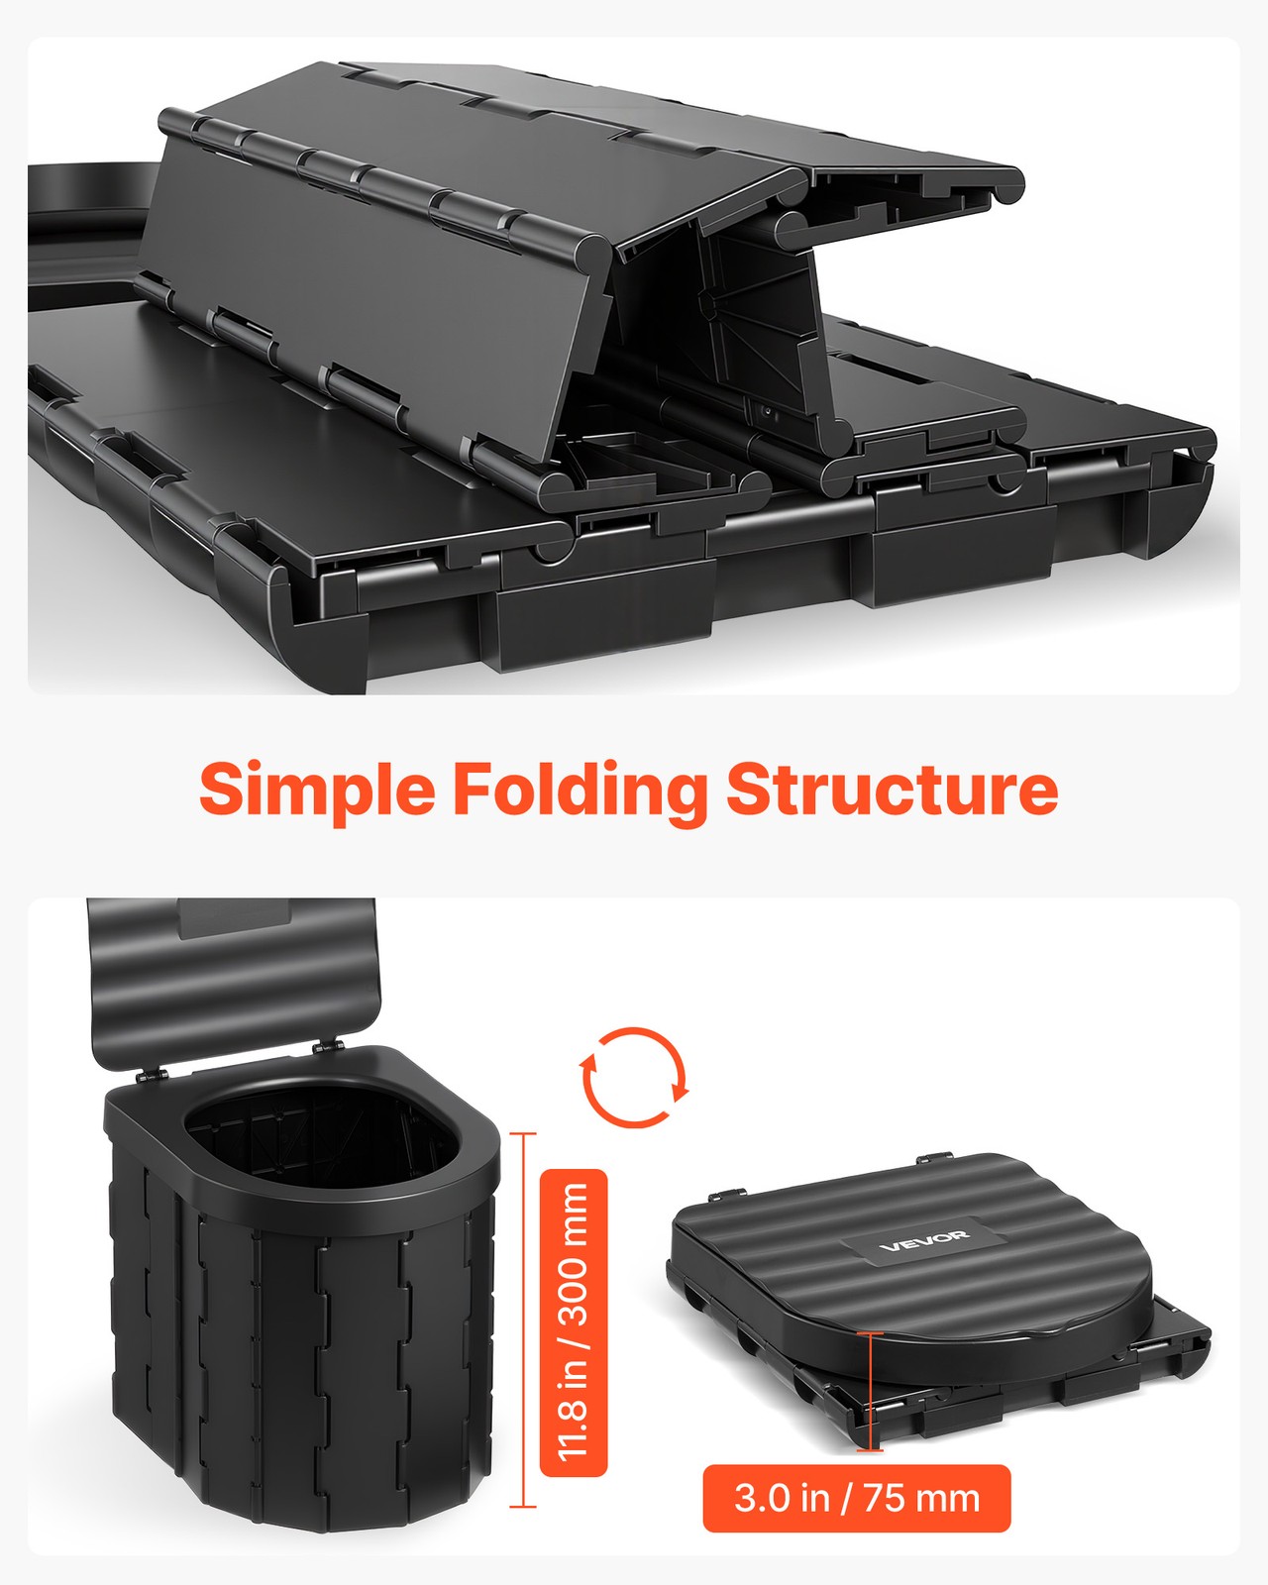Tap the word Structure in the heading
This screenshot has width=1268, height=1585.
[893, 789]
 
